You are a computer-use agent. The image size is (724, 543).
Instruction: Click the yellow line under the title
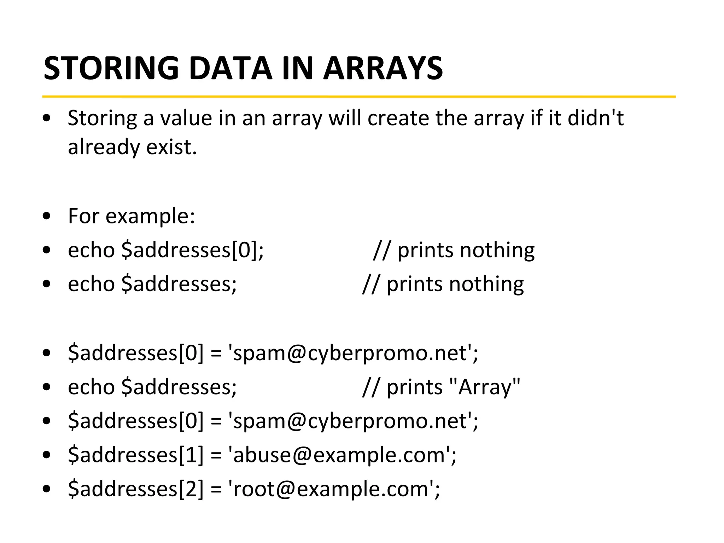pos(359,96)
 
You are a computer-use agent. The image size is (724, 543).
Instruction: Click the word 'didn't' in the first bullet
pos(595,118)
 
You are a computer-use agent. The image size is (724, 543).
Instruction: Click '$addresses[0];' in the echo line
pos(192,250)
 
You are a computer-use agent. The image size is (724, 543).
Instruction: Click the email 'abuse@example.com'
pos(339,455)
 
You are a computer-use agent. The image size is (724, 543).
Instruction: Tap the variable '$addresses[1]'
pos(136,455)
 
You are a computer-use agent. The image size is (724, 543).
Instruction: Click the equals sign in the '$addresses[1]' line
pos(216,455)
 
